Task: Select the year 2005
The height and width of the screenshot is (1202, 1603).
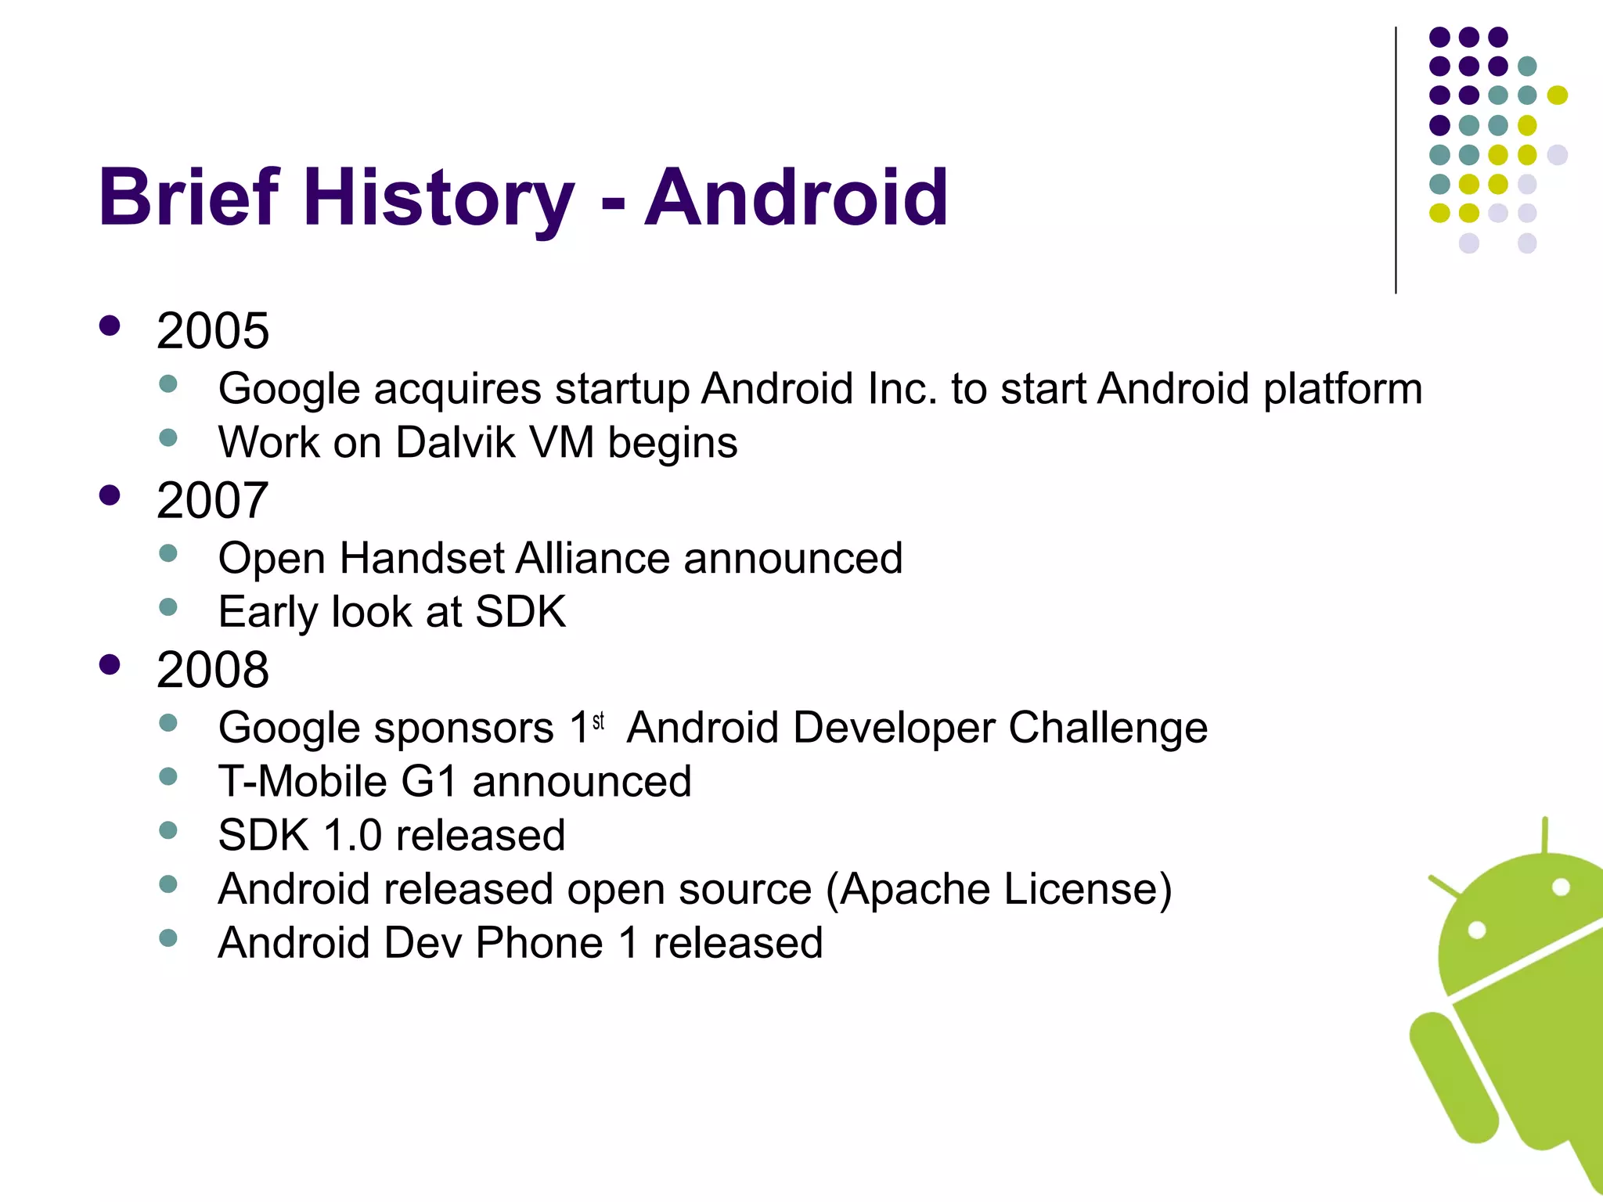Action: click(x=212, y=331)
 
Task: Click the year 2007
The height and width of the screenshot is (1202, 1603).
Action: click(x=212, y=501)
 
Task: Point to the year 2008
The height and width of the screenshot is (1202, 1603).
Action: click(x=212, y=671)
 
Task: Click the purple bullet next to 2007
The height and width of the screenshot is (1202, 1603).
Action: click(x=110, y=495)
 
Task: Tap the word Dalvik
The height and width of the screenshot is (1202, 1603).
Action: click(x=456, y=443)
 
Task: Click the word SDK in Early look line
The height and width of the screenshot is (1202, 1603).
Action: click(x=521, y=612)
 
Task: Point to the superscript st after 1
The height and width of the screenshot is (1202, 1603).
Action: click(x=599, y=722)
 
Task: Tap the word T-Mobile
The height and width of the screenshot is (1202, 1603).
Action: click(x=302, y=782)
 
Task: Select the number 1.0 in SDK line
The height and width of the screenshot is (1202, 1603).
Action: click(x=352, y=836)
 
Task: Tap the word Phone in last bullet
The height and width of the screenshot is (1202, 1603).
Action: click(x=539, y=943)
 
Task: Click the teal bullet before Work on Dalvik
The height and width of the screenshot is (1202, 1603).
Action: click(x=168, y=437)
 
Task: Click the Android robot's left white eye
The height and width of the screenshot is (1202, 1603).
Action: click(x=1477, y=930)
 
